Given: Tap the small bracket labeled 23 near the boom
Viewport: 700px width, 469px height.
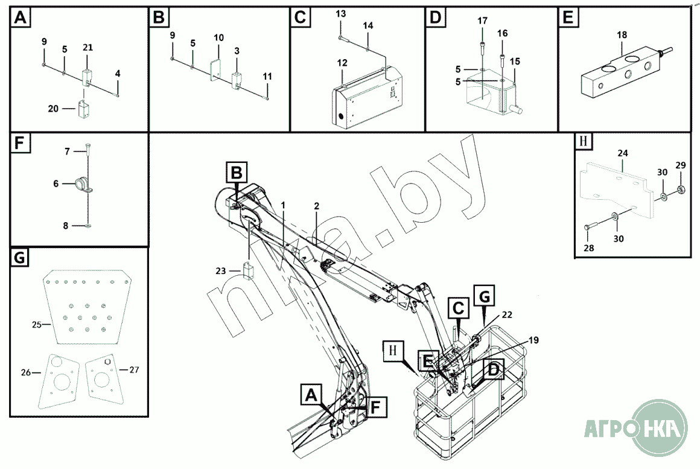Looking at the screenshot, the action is point(248,270).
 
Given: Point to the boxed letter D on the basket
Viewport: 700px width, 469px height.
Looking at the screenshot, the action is point(493,369).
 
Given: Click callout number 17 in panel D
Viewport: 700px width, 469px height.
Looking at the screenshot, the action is point(482,21).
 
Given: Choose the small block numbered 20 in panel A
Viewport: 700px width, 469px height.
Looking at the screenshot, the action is point(83,110).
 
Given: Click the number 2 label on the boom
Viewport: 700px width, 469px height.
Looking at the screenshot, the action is point(316,206).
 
